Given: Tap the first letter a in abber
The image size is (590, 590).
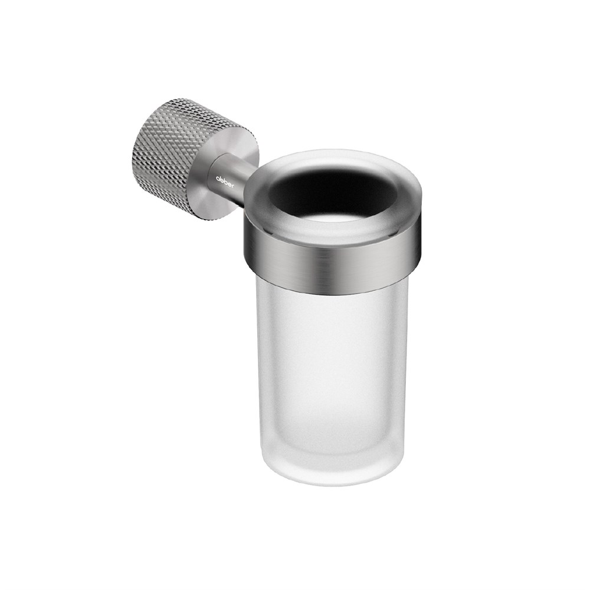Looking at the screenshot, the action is pyautogui.click(x=217, y=176).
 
